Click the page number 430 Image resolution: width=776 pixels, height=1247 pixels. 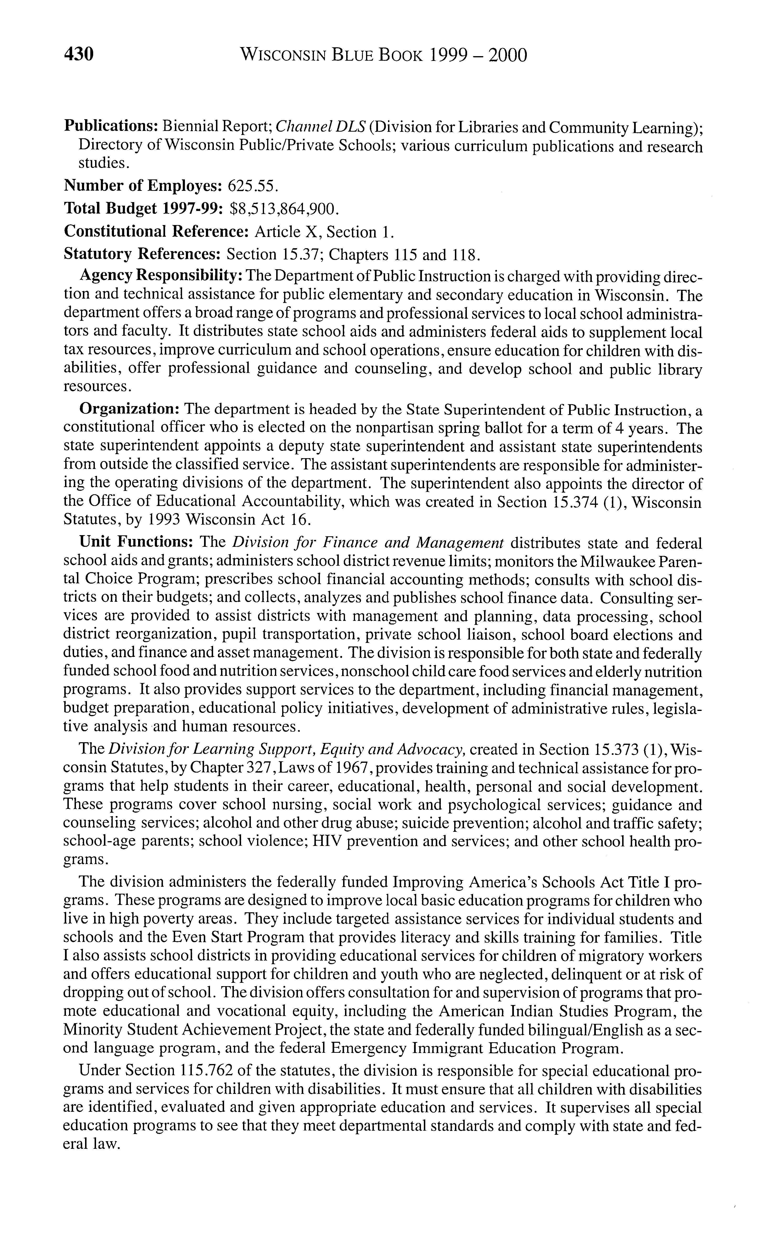[79, 54]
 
